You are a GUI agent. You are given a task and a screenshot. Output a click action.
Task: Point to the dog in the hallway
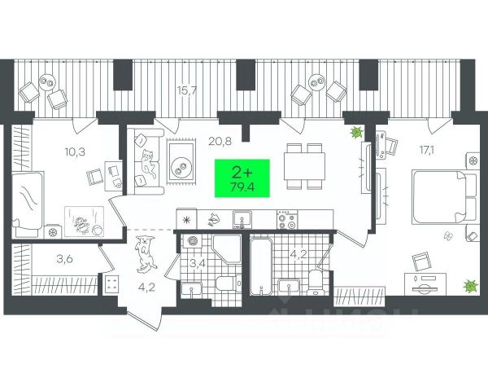point(145,253)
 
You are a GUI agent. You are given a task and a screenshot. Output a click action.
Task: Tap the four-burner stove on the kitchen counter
point(285,218)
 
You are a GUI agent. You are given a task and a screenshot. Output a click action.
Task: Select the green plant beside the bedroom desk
point(469,284)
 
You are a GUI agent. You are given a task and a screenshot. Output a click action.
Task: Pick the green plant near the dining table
point(355,132)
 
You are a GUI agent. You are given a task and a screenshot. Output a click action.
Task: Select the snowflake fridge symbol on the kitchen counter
point(187,219)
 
